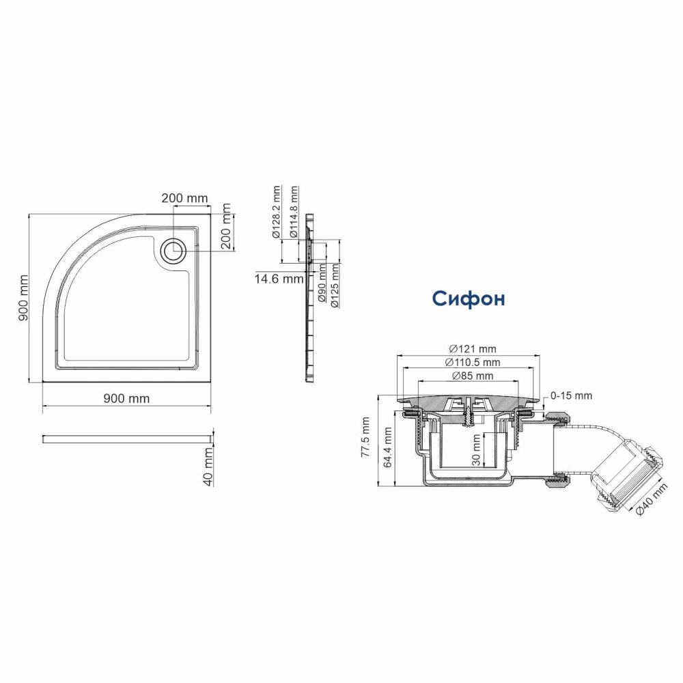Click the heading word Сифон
click(469, 298)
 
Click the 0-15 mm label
click(571, 395)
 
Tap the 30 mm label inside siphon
click(475, 448)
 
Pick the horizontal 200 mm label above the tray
click(184, 199)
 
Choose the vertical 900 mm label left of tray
click(23, 298)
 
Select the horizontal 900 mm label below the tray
click(126, 399)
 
